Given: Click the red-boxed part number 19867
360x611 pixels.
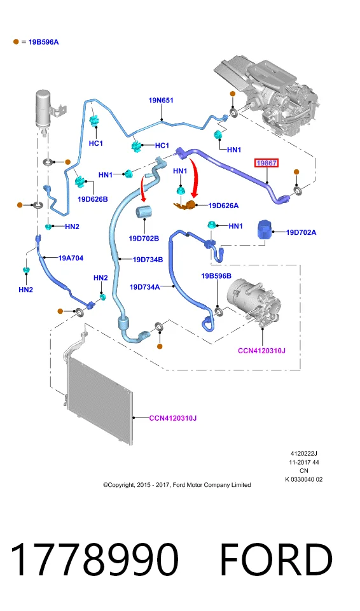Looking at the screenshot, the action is click(x=267, y=164).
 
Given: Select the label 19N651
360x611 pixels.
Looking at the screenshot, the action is click(x=161, y=101).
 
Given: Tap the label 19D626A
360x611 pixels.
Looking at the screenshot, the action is click(x=223, y=206).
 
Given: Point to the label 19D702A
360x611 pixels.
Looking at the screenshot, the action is click(x=301, y=233).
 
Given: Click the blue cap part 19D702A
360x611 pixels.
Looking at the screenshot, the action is click(x=265, y=230).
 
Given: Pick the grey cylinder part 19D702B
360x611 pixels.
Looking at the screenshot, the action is click(x=144, y=213).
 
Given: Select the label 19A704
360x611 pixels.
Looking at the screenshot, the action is click(x=71, y=258).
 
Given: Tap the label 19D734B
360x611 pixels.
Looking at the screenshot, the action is click(x=148, y=260).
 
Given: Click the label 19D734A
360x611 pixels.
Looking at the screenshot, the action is click(x=144, y=287).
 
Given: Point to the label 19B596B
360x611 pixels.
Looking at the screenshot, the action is click(x=216, y=276).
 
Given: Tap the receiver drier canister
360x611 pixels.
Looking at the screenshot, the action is click(x=43, y=109).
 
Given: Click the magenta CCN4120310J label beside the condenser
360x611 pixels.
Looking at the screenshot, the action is click(x=173, y=418).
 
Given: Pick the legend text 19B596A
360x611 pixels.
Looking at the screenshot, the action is click(x=44, y=42).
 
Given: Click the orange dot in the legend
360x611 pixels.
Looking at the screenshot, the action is click(x=16, y=42).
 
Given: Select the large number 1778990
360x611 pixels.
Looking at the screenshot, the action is click(x=94, y=560).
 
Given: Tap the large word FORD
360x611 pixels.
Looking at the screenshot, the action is click(x=276, y=560).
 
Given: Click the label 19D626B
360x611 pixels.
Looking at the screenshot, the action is click(x=93, y=199).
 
